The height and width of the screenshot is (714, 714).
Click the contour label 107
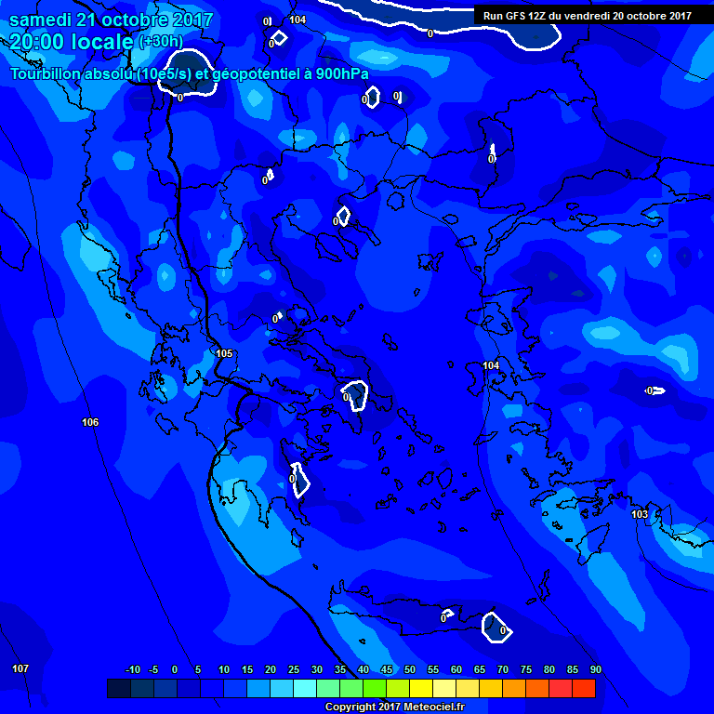coord(20,668)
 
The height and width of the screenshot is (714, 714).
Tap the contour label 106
coord(90,422)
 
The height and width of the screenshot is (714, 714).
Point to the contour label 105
coord(224,353)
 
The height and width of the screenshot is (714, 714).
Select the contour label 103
coord(640,514)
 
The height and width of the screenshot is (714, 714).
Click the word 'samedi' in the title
coord(41,20)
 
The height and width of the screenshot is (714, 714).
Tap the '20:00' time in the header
coord(39,42)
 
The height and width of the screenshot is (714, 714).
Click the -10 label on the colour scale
coord(132,669)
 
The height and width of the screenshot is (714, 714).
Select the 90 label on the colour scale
coord(595,669)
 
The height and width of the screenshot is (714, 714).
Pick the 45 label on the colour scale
coord(386,669)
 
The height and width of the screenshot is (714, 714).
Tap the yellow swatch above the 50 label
coord(420,688)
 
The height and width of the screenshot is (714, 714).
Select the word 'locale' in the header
coord(105,42)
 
